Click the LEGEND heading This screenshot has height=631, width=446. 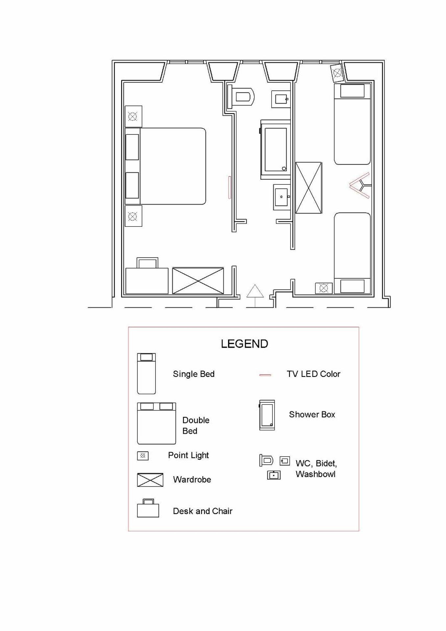coord(244,344)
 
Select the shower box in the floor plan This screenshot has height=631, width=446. coord(275,150)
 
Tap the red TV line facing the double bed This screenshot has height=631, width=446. coord(230,187)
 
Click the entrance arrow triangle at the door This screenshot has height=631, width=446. coord(255,291)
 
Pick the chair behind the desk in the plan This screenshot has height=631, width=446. coord(147,263)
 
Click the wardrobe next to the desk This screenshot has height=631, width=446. coord(198,281)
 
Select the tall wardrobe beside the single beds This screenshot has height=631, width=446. coord(308,188)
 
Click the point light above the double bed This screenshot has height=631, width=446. coord(133,116)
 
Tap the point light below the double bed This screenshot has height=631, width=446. coord(133,216)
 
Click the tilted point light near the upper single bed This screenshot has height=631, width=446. coord(337,73)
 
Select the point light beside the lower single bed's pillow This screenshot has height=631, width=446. coord(323,288)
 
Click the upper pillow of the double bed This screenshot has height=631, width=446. coord(132,147)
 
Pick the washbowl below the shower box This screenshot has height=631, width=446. coord(282,197)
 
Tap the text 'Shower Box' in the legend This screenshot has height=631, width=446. coord(312,414)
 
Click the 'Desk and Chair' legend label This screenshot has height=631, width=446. coord(202,511)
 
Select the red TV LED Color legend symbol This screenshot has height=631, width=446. coord(265,375)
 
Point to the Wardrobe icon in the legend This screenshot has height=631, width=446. coord(150,480)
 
